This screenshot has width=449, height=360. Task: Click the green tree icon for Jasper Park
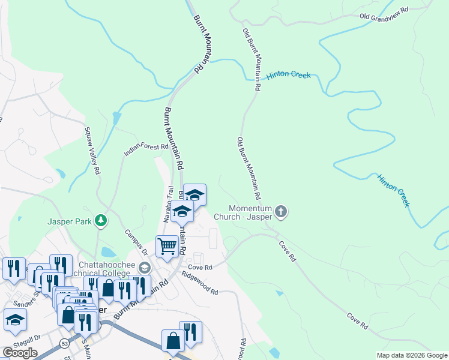[x=101, y=221]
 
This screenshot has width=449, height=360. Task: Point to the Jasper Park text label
[x=70, y=221]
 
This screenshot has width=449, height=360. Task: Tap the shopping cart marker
[x=167, y=245]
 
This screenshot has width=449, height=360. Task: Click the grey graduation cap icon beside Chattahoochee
[x=143, y=267]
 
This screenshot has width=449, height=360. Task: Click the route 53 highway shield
[x=64, y=343]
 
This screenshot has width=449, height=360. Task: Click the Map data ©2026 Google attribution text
[x=411, y=355]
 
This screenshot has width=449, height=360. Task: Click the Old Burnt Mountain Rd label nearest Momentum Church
[x=249, y=169]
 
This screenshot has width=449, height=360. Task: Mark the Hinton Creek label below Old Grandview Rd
[x=289, y=76]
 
